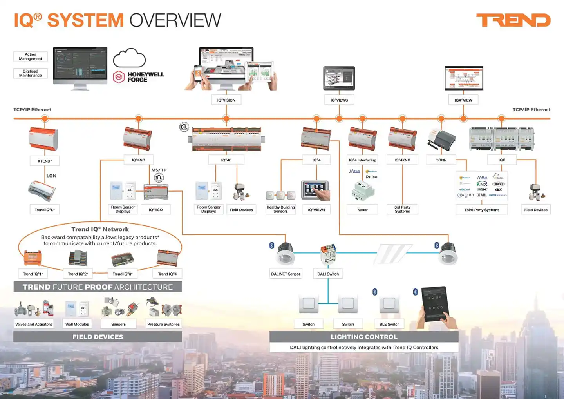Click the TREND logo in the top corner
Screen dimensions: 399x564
point(513,20)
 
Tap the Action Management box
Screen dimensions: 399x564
point(31,57)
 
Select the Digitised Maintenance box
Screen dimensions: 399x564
point(31,74)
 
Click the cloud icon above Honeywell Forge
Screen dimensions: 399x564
point(129,58)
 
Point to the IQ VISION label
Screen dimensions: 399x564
point(226,100)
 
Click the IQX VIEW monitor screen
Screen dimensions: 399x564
point(464,78)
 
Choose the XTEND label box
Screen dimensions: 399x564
point(45,161)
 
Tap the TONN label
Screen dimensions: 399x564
point(441,160)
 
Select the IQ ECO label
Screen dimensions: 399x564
point(155,210)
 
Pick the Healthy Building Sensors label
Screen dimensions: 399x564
point(280,209)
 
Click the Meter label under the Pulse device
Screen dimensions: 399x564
point(362,210)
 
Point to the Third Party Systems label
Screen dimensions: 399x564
point(482,210)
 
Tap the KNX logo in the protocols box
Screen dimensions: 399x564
point(482,184)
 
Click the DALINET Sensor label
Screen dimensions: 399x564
point(286,274)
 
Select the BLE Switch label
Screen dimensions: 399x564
point(389,325)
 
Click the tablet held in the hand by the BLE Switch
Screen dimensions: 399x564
point(434,304)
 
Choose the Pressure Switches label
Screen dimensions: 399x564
point(163,325)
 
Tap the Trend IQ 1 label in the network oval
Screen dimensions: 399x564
point(33,274)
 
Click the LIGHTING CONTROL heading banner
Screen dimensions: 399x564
point(364,337)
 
